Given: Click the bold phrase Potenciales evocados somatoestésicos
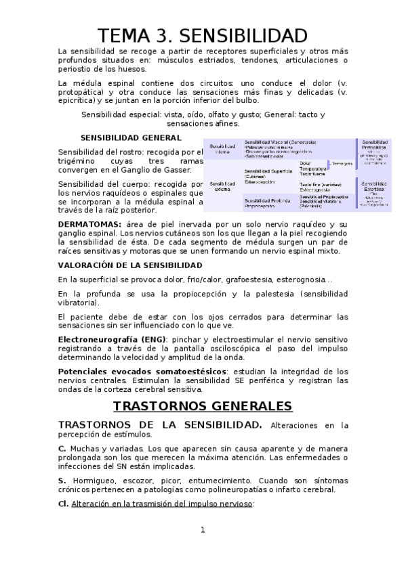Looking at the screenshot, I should point(144,372).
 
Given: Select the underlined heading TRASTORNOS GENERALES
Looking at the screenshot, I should point(202,406).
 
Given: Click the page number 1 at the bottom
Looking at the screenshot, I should point(202,530).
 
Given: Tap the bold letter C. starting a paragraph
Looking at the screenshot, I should point(62,449).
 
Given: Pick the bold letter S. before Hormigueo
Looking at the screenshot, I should point(61,480).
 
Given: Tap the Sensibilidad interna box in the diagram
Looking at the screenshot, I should point(222,149).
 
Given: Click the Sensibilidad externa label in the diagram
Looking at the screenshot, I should point(222,186).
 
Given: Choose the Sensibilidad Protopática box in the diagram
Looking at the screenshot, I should point(374,152).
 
